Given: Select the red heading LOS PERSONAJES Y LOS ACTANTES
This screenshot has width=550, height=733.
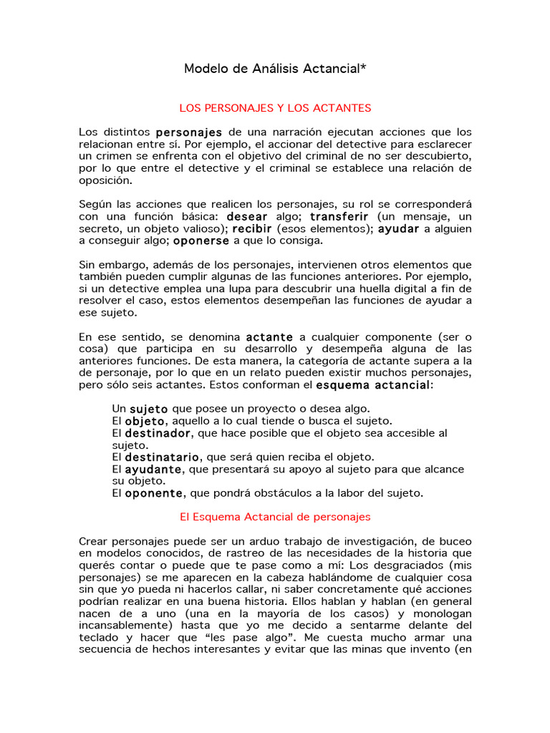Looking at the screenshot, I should point(275,108).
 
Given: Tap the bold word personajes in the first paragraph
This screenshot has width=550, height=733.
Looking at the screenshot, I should point(189,132).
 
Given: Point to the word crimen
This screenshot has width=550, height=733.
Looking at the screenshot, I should point(110,156).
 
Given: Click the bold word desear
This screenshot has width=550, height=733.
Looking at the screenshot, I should point(247,216).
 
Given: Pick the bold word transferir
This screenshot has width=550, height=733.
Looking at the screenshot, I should point(339,216).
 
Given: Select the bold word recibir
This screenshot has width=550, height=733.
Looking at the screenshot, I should point(251,228).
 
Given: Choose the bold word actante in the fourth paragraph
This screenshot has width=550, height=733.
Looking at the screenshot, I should point(269,337).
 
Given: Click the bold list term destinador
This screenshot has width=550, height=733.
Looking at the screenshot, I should point(158,434).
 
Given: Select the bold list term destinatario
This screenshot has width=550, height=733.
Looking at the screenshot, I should point(163,457).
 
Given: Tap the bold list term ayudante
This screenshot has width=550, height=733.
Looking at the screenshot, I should point(153,470).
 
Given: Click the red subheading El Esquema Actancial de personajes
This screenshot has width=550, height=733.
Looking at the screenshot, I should point(275,516).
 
